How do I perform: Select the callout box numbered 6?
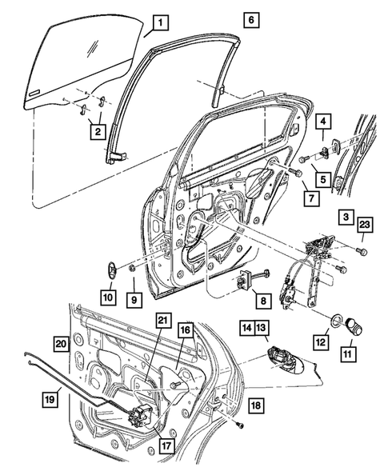252,18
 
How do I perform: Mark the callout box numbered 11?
350,350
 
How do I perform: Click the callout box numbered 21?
164,320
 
